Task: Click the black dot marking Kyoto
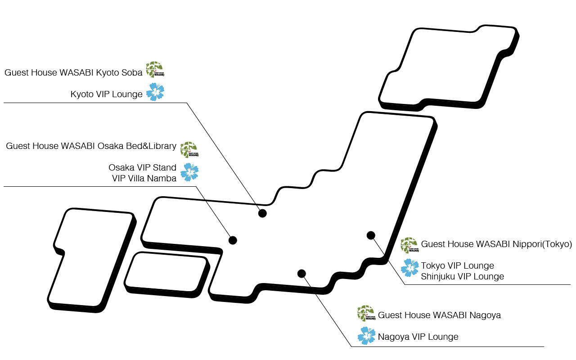262,213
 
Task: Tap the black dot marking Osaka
233,240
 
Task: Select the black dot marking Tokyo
371,235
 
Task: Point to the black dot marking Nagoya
301,274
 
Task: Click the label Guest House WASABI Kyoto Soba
73,72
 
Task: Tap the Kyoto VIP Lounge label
106,94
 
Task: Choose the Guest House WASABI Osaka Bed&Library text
91,146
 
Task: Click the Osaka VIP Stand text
142,167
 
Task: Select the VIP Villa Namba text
144,178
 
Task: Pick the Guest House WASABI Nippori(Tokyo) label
496,244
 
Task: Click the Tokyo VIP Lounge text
457,265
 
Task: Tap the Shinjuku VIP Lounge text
462,276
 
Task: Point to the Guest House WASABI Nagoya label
439,315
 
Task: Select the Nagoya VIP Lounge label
418,337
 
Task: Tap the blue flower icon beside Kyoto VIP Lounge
155,92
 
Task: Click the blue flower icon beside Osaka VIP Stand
189,172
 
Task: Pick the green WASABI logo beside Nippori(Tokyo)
409,245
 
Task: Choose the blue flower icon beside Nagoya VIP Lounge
366,336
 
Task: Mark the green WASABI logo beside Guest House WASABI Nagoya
366,313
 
